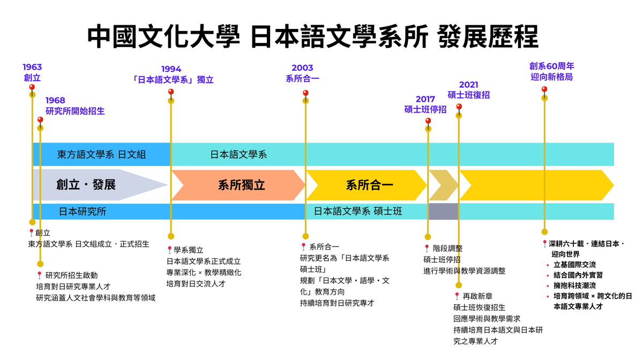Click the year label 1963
tap(32, 67)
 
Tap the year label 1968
tap(55, 100)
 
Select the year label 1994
tap(171, 69)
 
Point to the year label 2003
tap(302, 68)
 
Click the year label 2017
tap(425, 99)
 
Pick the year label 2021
tap(468, 85)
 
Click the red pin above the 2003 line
tap(305, 93)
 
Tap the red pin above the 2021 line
tap(459, 107)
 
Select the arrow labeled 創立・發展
tap(86, 185)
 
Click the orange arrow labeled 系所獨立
tap(241, 185)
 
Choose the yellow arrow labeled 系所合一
tap(369, 185)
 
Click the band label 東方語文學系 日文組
tap(101, 155)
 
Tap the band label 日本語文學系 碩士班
tap(358, 212)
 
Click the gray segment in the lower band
tap(443, 212)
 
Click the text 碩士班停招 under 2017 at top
tap(425, 109)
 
